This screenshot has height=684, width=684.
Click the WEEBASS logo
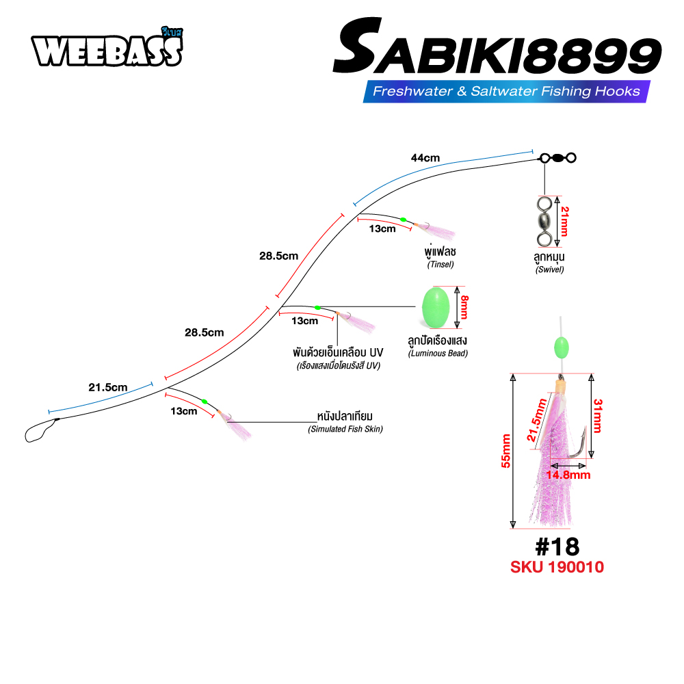point(107,47)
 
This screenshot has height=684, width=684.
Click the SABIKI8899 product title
point(497,47)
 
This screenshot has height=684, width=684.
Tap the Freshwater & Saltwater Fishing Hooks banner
point(506,91)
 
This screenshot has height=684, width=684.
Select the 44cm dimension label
point(425,158)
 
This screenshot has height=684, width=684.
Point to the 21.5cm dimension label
point(108,387)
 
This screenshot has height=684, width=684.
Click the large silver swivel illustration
point(544,222)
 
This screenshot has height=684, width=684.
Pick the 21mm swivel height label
point(564,222)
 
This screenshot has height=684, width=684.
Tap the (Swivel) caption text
point(550,269)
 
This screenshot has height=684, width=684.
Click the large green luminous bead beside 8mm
point(436,307)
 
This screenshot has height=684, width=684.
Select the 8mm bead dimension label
point(464,307)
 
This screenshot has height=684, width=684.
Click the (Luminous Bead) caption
point(438,354)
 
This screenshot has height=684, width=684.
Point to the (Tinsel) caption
point(440,264)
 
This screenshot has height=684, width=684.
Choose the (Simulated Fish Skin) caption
point(345,430)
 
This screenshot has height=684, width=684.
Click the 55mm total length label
point(505,451)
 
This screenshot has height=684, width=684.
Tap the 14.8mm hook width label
point(568,475)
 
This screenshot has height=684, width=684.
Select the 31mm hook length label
point(598,416)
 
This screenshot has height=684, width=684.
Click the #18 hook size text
point(557,547)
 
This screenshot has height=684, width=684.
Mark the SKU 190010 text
point(557,567)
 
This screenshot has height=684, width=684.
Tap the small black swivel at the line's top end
point(558,158)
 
